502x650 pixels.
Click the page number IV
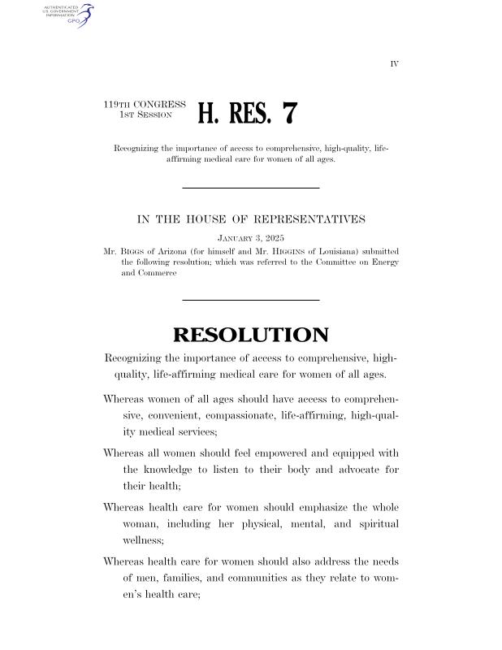pyautogui.click(x=394, y=63)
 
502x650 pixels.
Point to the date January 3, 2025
pyautogui.click(x=250, y=238)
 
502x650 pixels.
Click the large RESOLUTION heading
pyautogui.click(x=250, y=335)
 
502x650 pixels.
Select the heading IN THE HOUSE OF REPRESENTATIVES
pyautogui.click(x=250, y=219)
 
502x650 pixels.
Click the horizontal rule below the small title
pyautogui.click(x=250, y=188)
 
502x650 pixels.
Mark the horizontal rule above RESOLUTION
pyautogui.click(x=250, y=301)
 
